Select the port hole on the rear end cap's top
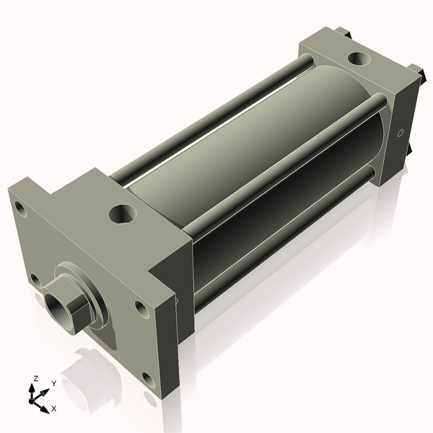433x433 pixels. (x=357, y=58)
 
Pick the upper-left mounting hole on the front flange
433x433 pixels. (x=20, y=211)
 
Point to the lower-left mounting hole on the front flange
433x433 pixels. (x=34, y=279)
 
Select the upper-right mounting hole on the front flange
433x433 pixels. (x=141, y=309)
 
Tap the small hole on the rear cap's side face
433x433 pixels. (x=401, y=133)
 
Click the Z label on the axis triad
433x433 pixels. (x=35, y=378)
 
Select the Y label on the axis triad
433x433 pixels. (x=53, y=384)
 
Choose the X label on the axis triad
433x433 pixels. (x=53, y=408)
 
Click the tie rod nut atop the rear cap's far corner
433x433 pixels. (x=341, y=32)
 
